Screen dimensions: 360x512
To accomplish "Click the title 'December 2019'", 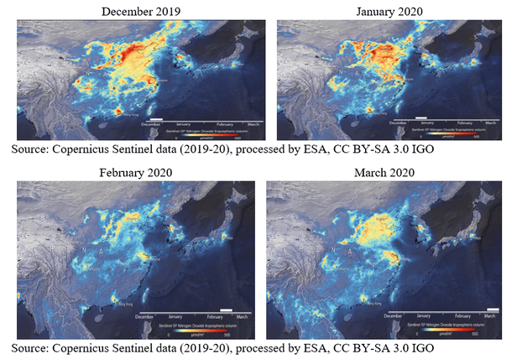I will tap(138, 11).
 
